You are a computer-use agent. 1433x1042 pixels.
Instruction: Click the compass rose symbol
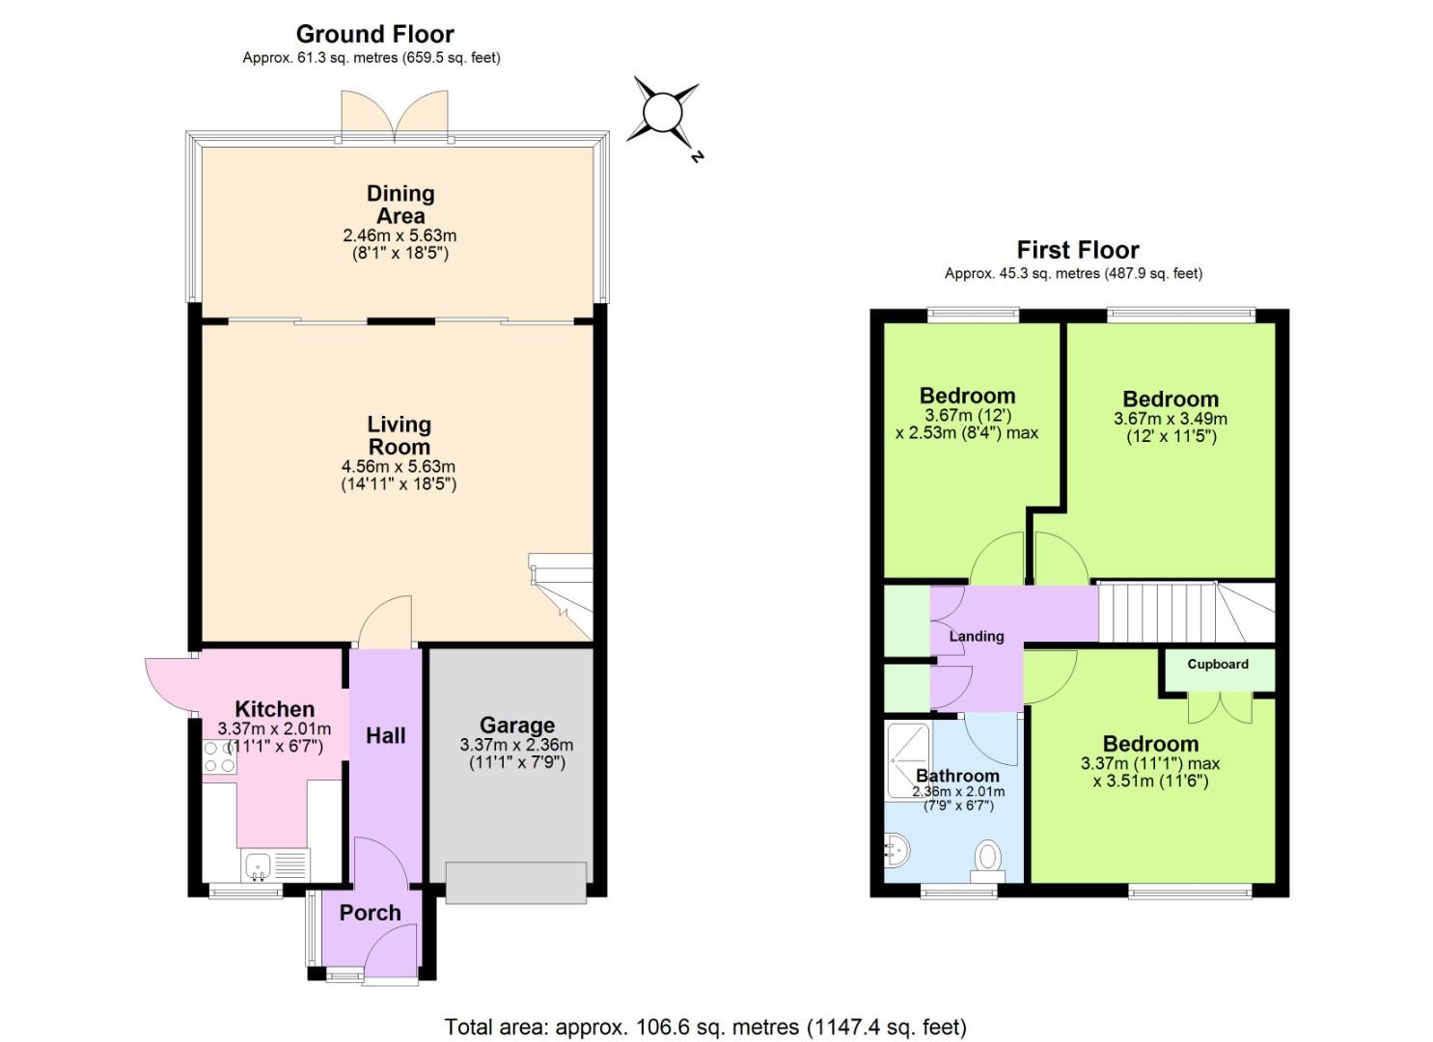tap(663, 113)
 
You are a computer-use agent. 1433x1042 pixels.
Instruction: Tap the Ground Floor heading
tap(374, 34)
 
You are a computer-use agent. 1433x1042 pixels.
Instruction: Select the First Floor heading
tap(1077, 250)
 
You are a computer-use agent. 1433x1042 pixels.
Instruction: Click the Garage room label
tap(516, 725)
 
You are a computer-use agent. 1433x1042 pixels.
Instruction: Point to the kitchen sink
tap(259, 864)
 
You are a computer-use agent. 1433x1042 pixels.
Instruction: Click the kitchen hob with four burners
tap(219, 756)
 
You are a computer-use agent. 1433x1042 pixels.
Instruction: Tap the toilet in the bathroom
tap(988, 857)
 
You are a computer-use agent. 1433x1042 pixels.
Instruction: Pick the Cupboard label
tap(1217, 664)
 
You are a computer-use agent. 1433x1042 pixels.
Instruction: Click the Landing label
tap(976, 636)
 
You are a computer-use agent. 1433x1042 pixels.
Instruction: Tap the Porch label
tap(370, 912)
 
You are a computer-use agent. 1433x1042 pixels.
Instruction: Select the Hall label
tap(385, 735)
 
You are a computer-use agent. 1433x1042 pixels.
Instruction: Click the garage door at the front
tap(515, 883)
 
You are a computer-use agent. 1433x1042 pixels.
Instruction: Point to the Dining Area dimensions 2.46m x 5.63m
tap(399, 235)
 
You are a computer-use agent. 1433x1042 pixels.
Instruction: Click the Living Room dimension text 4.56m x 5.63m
tap(399, 467)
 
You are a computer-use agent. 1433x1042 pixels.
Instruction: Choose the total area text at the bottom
tap(704, 1027)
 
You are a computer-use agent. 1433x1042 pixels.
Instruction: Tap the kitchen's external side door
tap(170, 683)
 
